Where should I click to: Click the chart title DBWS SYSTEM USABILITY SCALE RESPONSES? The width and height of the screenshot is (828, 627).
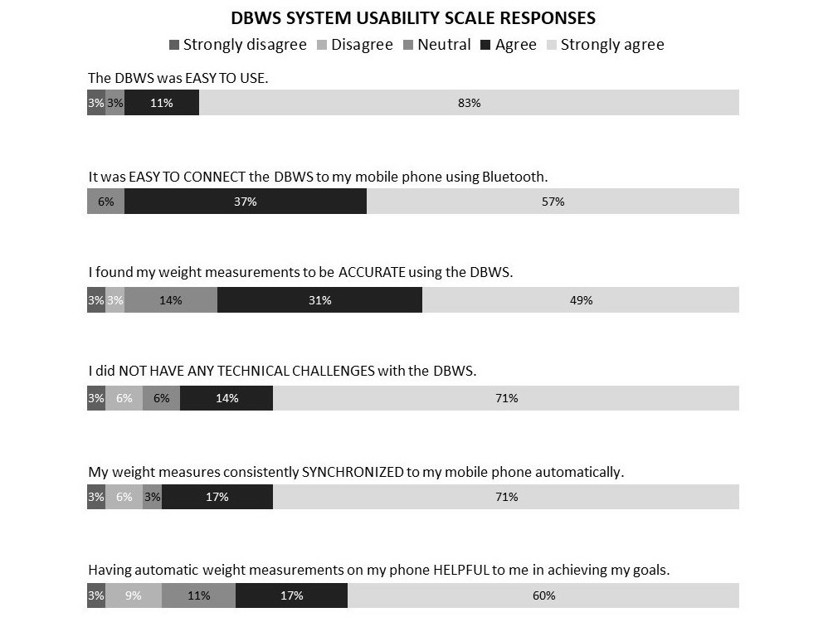pyautogui.click(x=412, y=17)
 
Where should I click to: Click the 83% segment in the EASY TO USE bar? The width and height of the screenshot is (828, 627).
pyautogui.click(x=469, y=103)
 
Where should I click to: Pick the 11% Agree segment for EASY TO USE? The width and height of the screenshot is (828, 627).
pyautogui.click(x=162, y=103)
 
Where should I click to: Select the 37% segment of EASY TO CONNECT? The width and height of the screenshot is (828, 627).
pyautogui.click(x=246, y=202)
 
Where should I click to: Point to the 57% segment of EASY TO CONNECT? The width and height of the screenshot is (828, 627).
pyautogui.click(x=553, y=202)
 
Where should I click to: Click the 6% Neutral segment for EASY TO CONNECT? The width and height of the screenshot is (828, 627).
pyautogui.click(x=105, y=202)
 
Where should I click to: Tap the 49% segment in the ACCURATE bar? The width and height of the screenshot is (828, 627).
pyautogui.click(x=581, y=300)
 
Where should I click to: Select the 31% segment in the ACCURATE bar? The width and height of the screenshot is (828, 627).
pyautogui.click(x=319, y=300)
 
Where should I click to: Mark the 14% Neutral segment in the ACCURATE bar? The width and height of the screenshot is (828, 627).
pyautogui.click(x=171, y=300)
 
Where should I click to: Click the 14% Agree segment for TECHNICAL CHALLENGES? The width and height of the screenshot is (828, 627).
pyautogui.click(x=226, y=398)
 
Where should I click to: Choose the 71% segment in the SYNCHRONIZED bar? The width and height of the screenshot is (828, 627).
pyautogui.click(x=506, y=497)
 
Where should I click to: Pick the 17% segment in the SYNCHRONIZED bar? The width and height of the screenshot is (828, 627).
pyautogui.click(x=217, y=497)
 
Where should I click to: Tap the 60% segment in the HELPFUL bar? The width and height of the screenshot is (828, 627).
pyautogui.click(x=543, y=595)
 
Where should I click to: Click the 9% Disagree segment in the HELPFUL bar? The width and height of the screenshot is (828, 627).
pyautogui.click(x=134, y=595)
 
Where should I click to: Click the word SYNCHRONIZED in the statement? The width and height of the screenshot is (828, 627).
pyautogui.click(x=352, y=472)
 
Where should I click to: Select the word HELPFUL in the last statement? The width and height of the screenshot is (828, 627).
pyautogui.click(x=463, y=571)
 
